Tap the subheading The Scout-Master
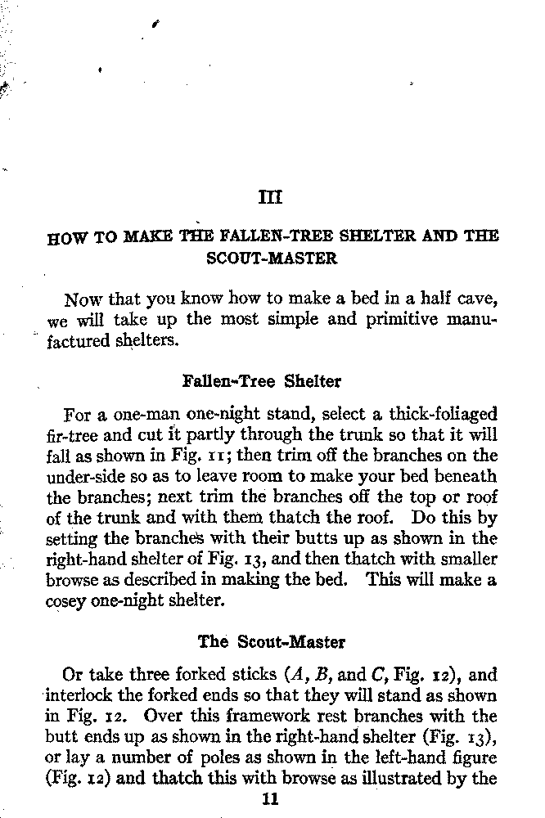pyautogui.click(x=272, y=642)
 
